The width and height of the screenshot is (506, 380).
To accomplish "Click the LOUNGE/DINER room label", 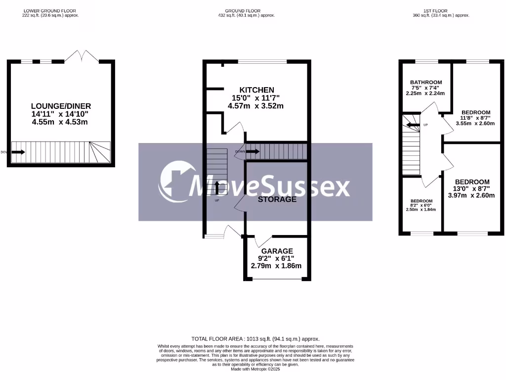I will click(x=61, y=106).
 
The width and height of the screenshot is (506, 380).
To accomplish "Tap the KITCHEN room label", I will click(x=256, y=90).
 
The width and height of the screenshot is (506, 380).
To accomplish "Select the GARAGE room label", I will click(x=277, y=251).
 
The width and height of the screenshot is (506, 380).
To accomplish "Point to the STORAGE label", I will click(x=277, y=199).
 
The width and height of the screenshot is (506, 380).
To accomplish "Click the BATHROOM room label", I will click(x=425, y=82).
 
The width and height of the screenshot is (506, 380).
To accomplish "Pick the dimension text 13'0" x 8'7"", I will click(x=472, y=189).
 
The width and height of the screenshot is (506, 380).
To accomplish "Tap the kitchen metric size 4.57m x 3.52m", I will click(x=255, y=106).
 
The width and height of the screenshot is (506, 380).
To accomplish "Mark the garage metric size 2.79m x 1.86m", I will click(x=276, y=266).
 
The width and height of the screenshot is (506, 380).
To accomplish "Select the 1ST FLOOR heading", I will click(x=441, y=10).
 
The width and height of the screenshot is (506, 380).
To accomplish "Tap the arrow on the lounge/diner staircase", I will click(x=18, y=152).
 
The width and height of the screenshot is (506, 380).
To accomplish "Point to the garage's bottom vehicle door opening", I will click(x=277, y=280).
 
